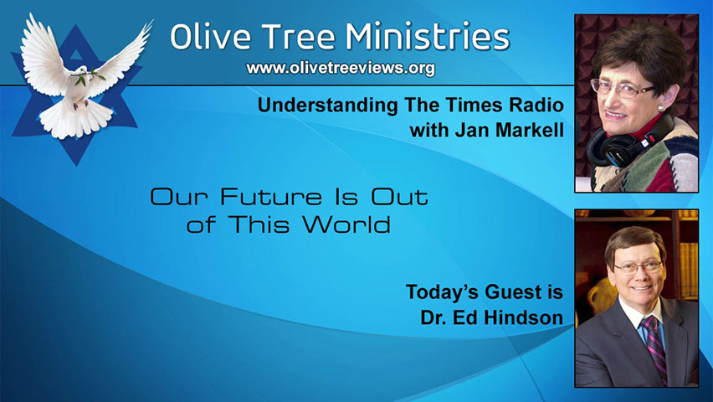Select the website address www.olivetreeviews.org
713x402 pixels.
click(341, 69)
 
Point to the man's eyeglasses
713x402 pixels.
click(637, 267)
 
